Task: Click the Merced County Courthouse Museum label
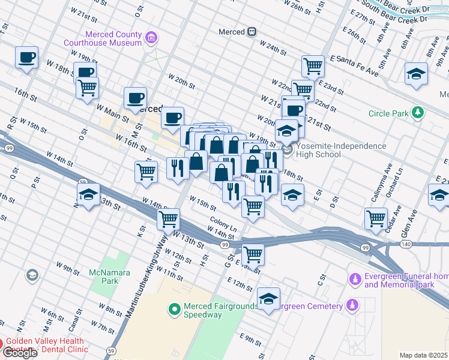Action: click(105, 38)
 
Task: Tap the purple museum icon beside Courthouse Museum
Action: click(151, 39)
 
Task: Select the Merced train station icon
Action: click(253, 32)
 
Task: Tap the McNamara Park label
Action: click(104, 277)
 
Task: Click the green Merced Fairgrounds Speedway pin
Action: click(175, 310)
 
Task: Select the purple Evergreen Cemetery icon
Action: click(354, 306)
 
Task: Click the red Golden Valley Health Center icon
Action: click(2, 345)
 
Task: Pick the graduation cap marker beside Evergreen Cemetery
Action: click(268, 298)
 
